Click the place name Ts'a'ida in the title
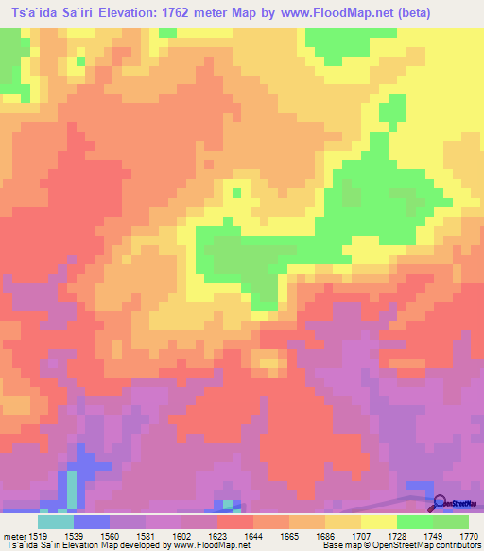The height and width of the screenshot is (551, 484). click(x=33, y=13)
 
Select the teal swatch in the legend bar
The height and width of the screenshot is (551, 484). click(x=56, y=522)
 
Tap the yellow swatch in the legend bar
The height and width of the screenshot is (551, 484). click(x=379, y=522)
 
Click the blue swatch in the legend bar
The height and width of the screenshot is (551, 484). click(x=92, y=522)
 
